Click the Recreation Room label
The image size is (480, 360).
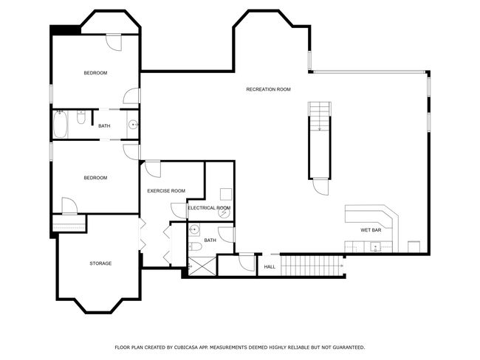pos(268,89)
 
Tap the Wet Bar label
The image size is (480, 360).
pos(371,230)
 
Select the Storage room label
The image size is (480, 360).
pos(100,263)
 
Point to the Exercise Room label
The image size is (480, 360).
pos(166,191)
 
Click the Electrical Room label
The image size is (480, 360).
pos(209,208)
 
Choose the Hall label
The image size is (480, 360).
pos(270,267)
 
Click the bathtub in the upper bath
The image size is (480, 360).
pos(61,125)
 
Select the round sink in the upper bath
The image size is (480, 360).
pos(133,125)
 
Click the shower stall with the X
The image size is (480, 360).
pos(202,266)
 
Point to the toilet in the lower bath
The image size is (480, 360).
pos(194,246)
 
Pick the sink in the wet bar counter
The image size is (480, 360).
pos(376,246)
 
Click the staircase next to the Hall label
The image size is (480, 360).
pos(311,266)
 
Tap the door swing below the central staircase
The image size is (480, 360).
pos(320,187)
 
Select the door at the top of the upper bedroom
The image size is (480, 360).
pos(114,43)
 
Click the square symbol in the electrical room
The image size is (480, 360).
pos(226,194)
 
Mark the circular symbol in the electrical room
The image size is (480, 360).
pos(224,212)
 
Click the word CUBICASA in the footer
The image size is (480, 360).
pos(186,347)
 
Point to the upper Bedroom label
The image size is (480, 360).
pos(95,73)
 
